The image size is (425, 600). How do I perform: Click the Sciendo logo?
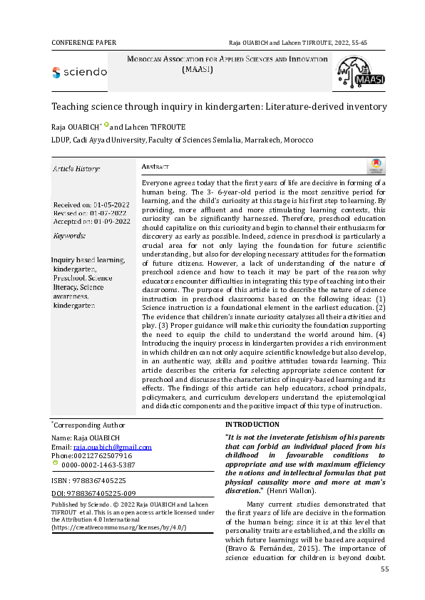pos(79,72)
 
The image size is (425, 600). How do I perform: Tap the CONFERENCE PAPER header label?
pos(85,43)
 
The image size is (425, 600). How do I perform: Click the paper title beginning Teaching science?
pos(219,106)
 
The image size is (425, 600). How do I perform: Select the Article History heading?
pos(76,169)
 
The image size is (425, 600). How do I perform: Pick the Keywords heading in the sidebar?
pos(70,235)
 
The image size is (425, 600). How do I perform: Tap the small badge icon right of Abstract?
pos(375,166)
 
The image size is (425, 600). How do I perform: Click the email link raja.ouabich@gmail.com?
pos(112,447)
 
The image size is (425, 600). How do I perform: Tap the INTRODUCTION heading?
pos(252,425)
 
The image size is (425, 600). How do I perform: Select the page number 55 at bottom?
pos(384,569)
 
